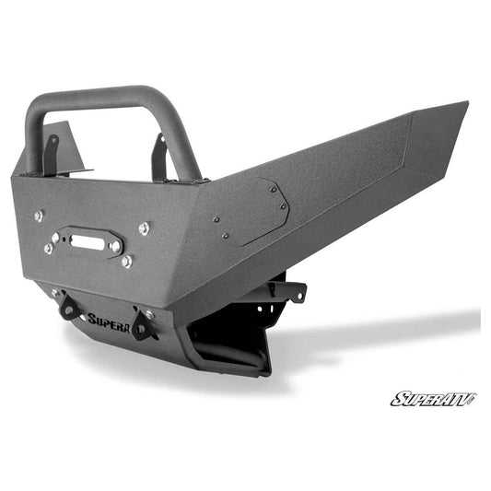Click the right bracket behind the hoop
[160, 157]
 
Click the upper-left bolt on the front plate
[39, 216]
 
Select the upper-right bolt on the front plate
[144, 228]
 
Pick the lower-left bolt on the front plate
[48, 249]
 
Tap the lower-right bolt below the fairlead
[126, 262]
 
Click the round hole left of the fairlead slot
[55, 238]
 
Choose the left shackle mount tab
[68, 308]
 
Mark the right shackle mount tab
[140, 325]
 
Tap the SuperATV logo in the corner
[432, 398]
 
